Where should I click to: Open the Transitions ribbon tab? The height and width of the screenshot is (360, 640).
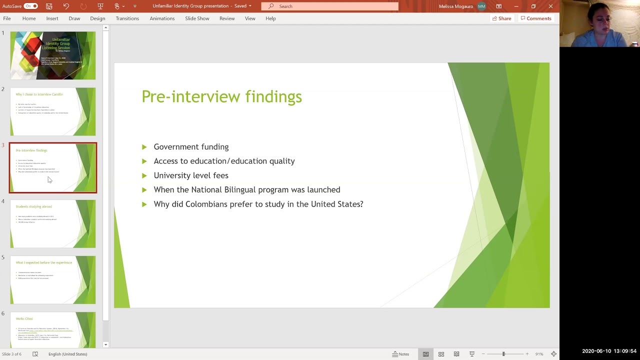pos(127,18)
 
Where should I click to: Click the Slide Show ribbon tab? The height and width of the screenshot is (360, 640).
pos(197,18)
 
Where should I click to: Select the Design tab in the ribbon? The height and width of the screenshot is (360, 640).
pos(97,18)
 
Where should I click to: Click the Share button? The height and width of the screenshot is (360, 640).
pos(501,18)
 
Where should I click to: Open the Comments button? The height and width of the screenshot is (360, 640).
pos(535,18)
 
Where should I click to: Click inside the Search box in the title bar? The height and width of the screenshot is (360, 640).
pos(330,6)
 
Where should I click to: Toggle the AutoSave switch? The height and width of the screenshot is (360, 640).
pos(30,6)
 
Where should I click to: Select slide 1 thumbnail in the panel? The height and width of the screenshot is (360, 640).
pos(53,55)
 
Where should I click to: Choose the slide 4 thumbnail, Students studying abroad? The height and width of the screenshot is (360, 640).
pos(53,223)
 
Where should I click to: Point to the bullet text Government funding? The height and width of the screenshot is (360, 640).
pos(191,147)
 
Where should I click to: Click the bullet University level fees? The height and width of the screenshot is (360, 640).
pos(191,175)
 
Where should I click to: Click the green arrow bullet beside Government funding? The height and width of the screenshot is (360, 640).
pos(144,147)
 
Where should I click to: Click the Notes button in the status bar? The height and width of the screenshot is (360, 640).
pos(400,354)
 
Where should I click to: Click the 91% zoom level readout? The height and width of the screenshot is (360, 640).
pos(539,354)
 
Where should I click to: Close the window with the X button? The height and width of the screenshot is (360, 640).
pos(550,6)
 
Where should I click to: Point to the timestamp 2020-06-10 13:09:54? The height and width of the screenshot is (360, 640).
pos(609,351)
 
